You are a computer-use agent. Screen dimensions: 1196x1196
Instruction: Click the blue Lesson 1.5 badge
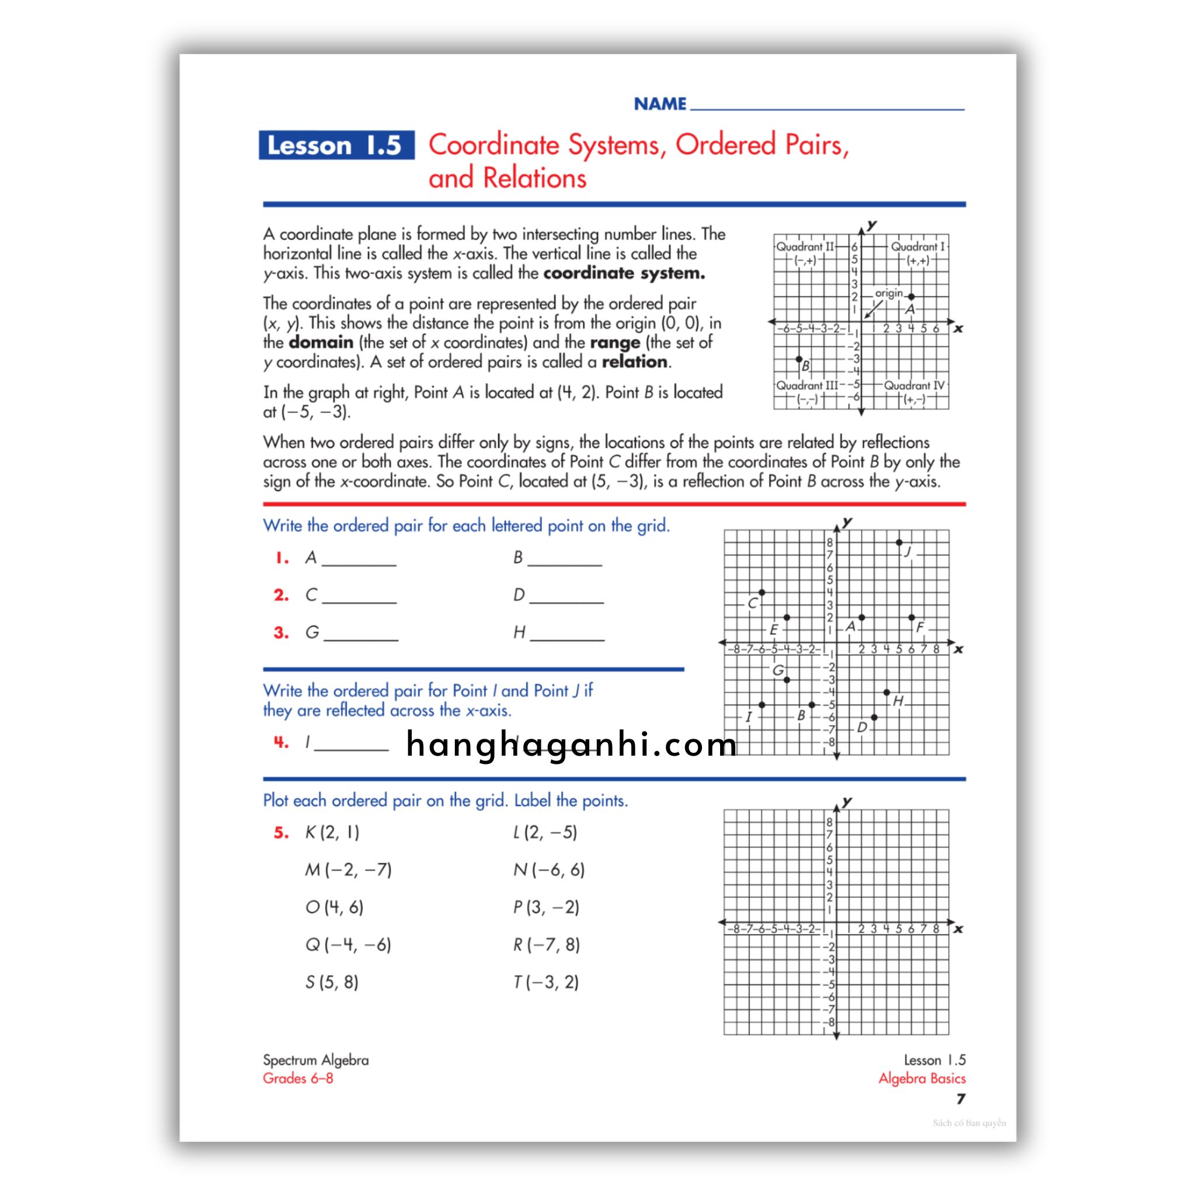click(x=336, y=145)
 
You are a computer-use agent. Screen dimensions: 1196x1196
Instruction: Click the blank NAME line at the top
click(x=826, y=105)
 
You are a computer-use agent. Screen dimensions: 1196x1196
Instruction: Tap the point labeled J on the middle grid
click(x=899, y=543)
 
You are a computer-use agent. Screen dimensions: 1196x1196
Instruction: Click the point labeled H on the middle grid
click(x=886, y=692)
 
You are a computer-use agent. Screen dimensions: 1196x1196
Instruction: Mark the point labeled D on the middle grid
click(x=874, y=718)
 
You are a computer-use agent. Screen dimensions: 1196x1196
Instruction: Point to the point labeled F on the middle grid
click(x=911, y=618)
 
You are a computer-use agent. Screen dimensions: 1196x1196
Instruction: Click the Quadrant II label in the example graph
click(x=805, y=246)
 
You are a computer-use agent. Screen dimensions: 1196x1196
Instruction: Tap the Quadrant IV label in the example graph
click(x=915, y=385)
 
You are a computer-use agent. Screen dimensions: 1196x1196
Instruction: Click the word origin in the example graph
click(x=889, y=293)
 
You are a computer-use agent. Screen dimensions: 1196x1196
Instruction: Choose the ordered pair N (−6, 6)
click(x=548, y=870)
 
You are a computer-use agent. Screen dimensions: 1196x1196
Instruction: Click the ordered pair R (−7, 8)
click(x=546, y=945)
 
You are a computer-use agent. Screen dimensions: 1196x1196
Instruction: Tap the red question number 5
click(x=281, y=833)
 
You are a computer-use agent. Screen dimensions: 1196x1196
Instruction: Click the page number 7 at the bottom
click(x=960, y=1099)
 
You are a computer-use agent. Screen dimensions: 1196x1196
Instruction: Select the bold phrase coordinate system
click(x=624, y=273)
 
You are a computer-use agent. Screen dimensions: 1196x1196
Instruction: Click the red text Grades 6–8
click(x=298, y=1079)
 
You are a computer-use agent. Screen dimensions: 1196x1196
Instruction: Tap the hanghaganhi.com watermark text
click(x=571, y=744)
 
